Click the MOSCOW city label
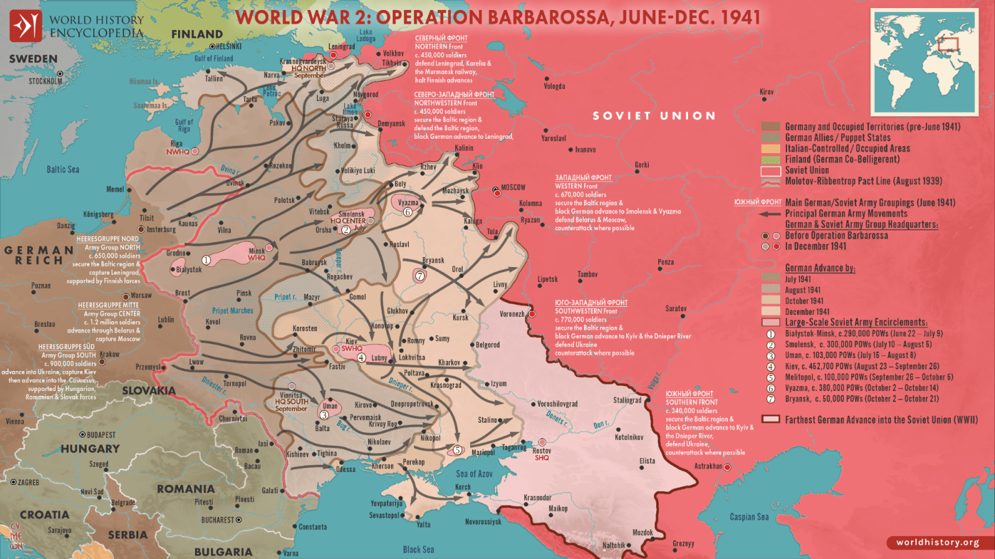coord(513,187)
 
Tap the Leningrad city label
coord(342,47)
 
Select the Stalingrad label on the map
coord(627,400)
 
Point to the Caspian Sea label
coord(749,517)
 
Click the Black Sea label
coord(418,550)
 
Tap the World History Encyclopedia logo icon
coord(26,26)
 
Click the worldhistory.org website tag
coord(937,542)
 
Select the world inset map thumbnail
coord(924,62)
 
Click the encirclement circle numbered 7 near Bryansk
coord(420,276)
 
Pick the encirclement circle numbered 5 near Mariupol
coord(458,450)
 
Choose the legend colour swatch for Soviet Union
coord(770,171)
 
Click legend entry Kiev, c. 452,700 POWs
coord(862,367)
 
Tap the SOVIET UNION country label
coord(654,116)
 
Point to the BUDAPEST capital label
coord(101,435)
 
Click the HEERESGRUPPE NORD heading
coord(108,239)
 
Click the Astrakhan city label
coord(708,466)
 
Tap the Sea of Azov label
coord(474,474)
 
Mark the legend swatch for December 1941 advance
coord(770,312)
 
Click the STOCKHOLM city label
coord(45,82)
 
